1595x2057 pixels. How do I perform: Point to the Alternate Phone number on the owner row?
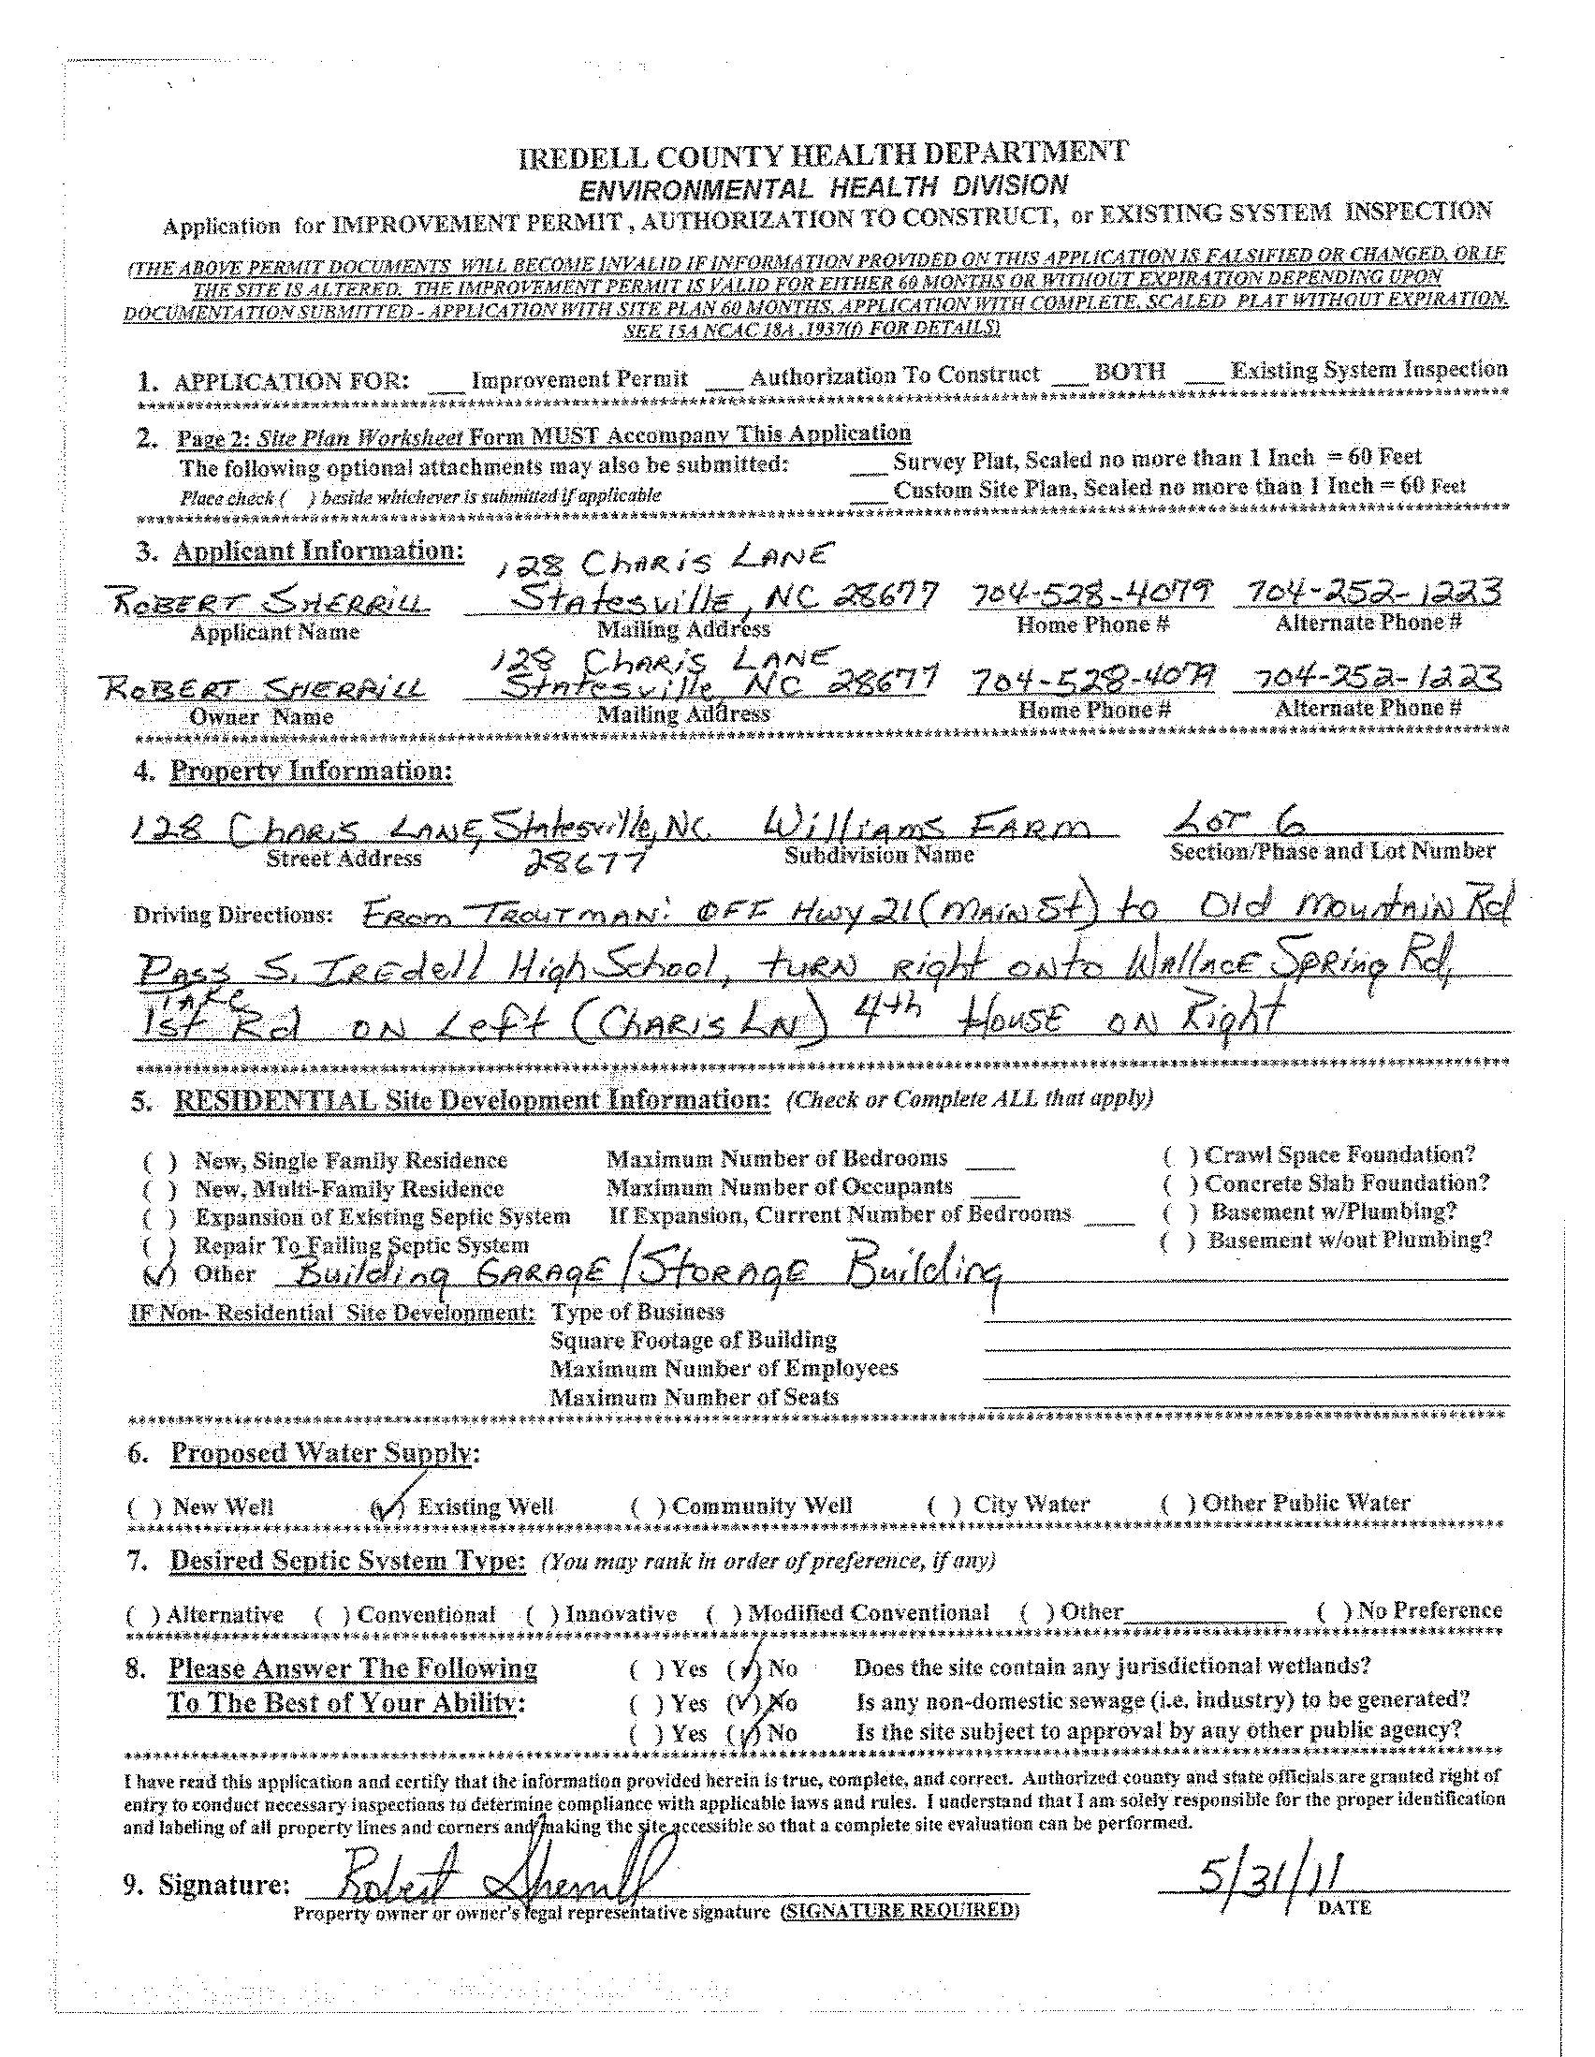pyautogui.click(x=1368, y=678)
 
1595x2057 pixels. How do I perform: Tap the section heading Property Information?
pyautogui.click(x=311, y=771)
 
